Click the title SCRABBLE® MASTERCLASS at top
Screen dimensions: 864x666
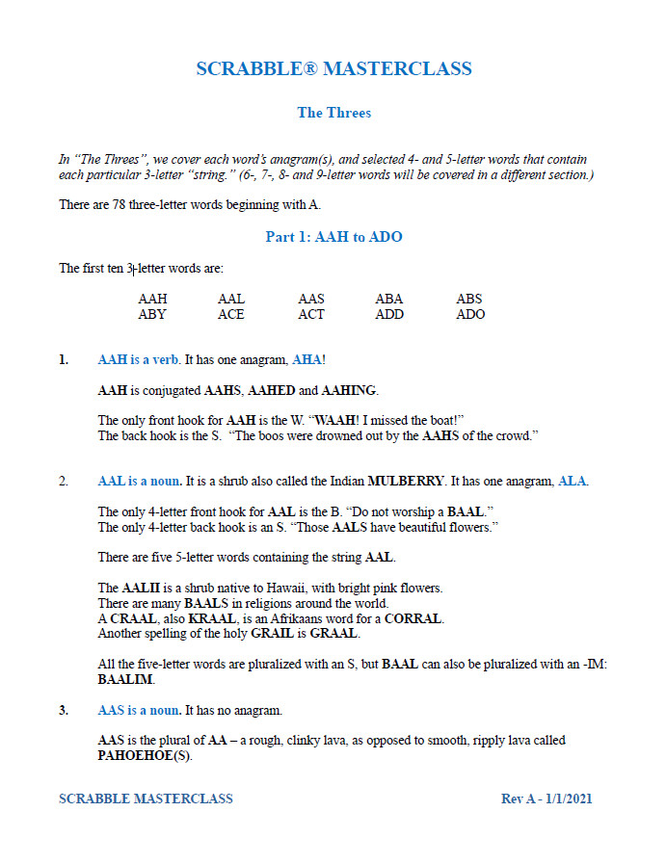coord(333,69)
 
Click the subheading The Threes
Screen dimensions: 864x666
coord(333,113)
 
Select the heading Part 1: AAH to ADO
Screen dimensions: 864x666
coord(333,237)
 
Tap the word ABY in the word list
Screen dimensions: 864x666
coord(152,314)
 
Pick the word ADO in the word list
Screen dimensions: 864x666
coord(470,314)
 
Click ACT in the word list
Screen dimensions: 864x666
coord(311,314)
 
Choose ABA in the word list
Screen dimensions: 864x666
coord(389,299)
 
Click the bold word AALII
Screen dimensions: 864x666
coord(140,588)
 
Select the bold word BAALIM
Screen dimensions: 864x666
coord(124,679)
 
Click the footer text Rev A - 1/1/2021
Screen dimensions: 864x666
coord(553,799)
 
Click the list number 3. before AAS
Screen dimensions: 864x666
coord(64,710)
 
